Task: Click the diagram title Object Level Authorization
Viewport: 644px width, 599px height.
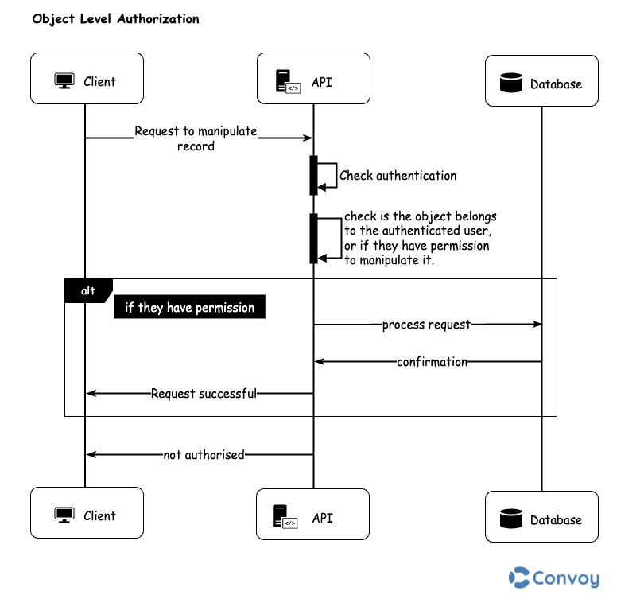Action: point(115,18)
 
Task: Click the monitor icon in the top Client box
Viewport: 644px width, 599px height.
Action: point(64,80)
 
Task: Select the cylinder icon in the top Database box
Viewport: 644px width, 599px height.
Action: point(510,83)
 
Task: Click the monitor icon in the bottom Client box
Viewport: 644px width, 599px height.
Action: point(64,515)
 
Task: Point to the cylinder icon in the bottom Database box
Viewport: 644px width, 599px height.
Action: point(510,519)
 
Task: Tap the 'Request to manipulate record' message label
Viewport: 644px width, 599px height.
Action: point(196,138)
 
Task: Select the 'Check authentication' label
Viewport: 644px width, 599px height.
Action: point(398,175)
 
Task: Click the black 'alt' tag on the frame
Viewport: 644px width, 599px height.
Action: point(88,291)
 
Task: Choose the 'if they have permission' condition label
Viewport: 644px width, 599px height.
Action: point(189,308)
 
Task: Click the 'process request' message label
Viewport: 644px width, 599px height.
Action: point(426,325)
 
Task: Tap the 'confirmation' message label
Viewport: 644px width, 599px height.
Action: point(432,362)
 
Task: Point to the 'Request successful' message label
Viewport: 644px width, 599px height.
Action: point(204,393)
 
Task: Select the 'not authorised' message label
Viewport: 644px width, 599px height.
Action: point(204,455)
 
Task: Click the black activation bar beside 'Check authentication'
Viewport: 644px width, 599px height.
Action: point(313,175)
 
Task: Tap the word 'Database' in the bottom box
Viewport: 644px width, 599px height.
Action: point(556,519)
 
